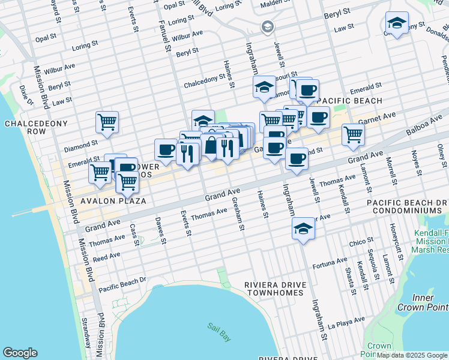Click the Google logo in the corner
click(20, 353)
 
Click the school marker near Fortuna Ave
click(303, 229)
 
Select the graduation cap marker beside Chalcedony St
click(264, 88)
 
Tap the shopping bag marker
click(211, 146)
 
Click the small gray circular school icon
click(267, 27)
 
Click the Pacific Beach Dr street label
click(122, 283)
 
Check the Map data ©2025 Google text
click(412, 355)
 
